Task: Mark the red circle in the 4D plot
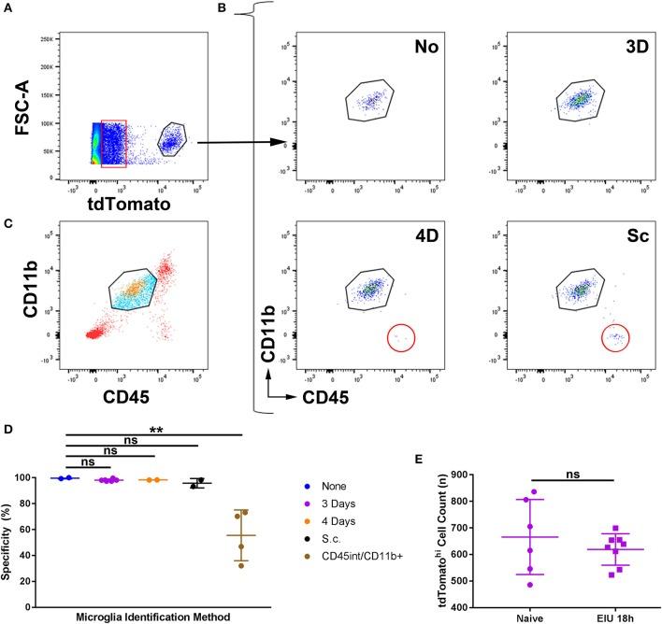399,337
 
